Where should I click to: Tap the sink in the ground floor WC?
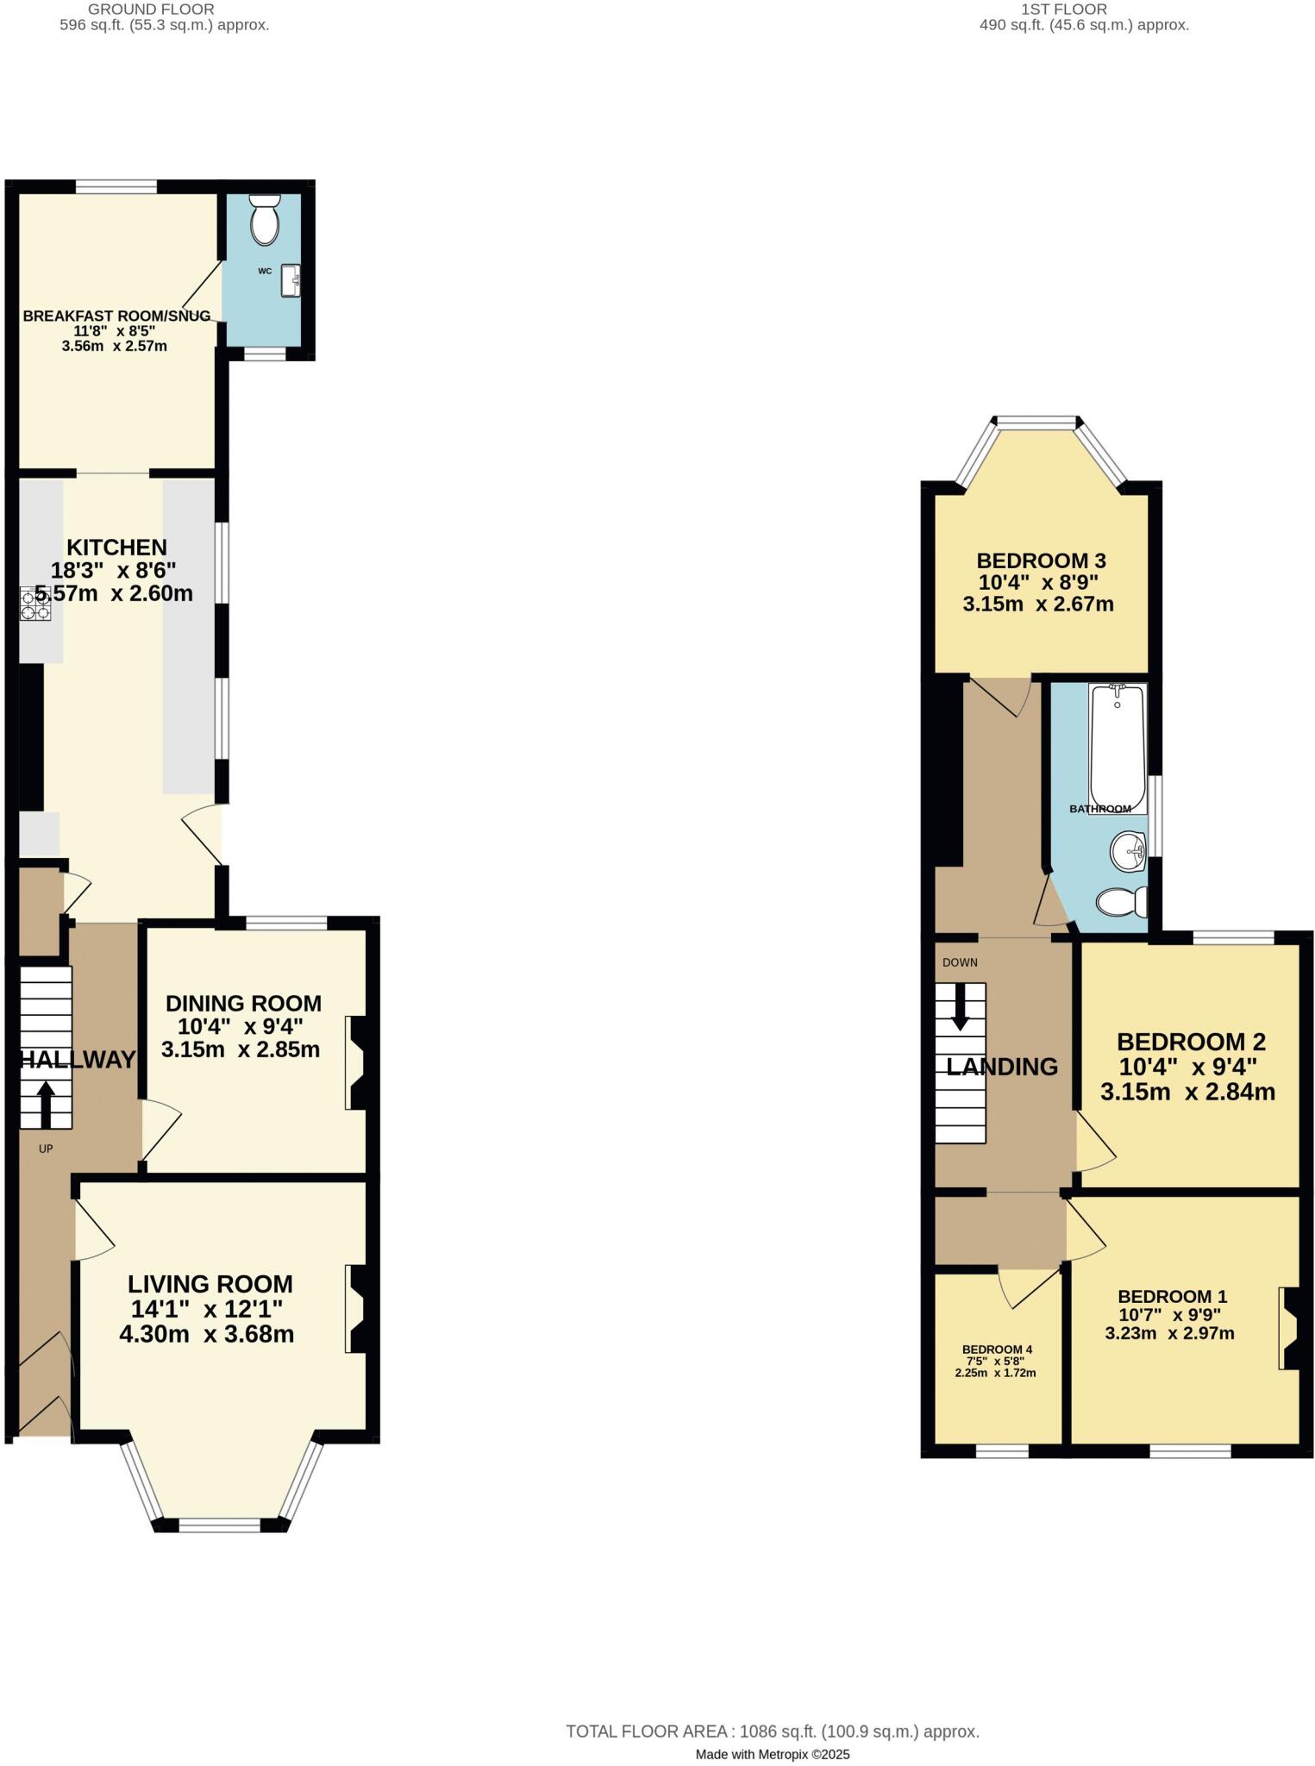(291, 280)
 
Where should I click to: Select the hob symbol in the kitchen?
(35, 603)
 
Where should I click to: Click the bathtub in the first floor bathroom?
(1118, 747)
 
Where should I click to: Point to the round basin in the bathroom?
(1128, 852)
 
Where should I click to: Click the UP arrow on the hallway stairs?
(45, 1105)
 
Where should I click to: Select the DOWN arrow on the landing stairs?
(959, 1006)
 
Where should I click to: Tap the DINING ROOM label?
(243, 1004)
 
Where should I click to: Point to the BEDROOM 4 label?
(997, 1350)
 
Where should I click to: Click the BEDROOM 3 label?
(1041, 560)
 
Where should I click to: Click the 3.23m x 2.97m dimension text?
(1169, 1333)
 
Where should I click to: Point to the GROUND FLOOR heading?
(151, 9)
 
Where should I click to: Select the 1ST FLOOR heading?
(1063, 9)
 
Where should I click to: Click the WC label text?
(265, 271)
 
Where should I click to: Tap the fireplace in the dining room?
(356, 1062)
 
